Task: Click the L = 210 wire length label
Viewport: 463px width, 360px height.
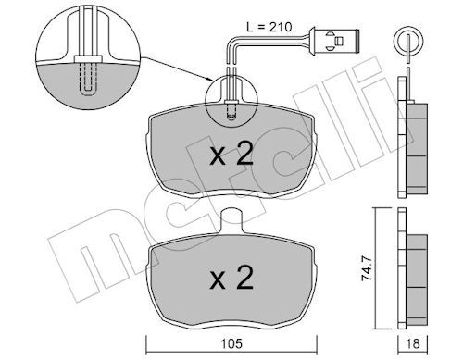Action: [x=269, y=27]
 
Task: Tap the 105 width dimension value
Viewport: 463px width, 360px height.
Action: [x=231, y=343]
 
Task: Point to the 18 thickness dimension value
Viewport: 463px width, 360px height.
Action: [x=413, y=343]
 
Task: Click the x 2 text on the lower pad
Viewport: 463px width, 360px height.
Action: [x=231, y=278]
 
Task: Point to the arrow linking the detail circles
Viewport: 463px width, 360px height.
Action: [x=176, y=68]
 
